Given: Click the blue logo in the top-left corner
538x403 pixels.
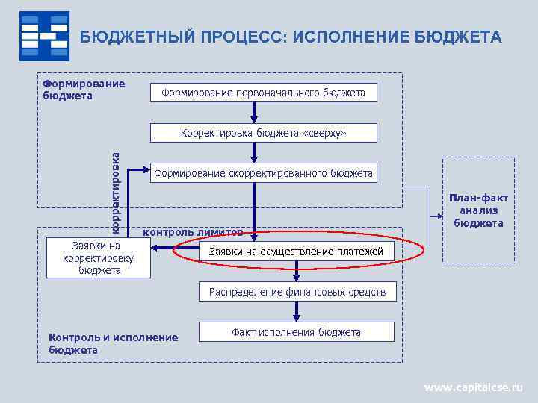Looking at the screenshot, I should coord(44,36).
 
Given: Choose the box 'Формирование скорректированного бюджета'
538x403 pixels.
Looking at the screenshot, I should coord(263,173).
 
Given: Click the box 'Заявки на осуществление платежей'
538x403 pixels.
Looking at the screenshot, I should coord(296,252).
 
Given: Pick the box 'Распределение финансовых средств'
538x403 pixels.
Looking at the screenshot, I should coord(297,292).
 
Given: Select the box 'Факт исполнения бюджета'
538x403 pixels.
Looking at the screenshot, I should coord(296,332).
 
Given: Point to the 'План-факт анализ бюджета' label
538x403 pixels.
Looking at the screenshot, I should coord(478,210).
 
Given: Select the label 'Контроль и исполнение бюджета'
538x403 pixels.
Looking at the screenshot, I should coord(113,343).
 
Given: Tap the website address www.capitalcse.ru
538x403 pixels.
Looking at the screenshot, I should coord(474,387).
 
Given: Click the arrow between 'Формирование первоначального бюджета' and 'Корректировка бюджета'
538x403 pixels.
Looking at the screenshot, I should coord(255,113).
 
